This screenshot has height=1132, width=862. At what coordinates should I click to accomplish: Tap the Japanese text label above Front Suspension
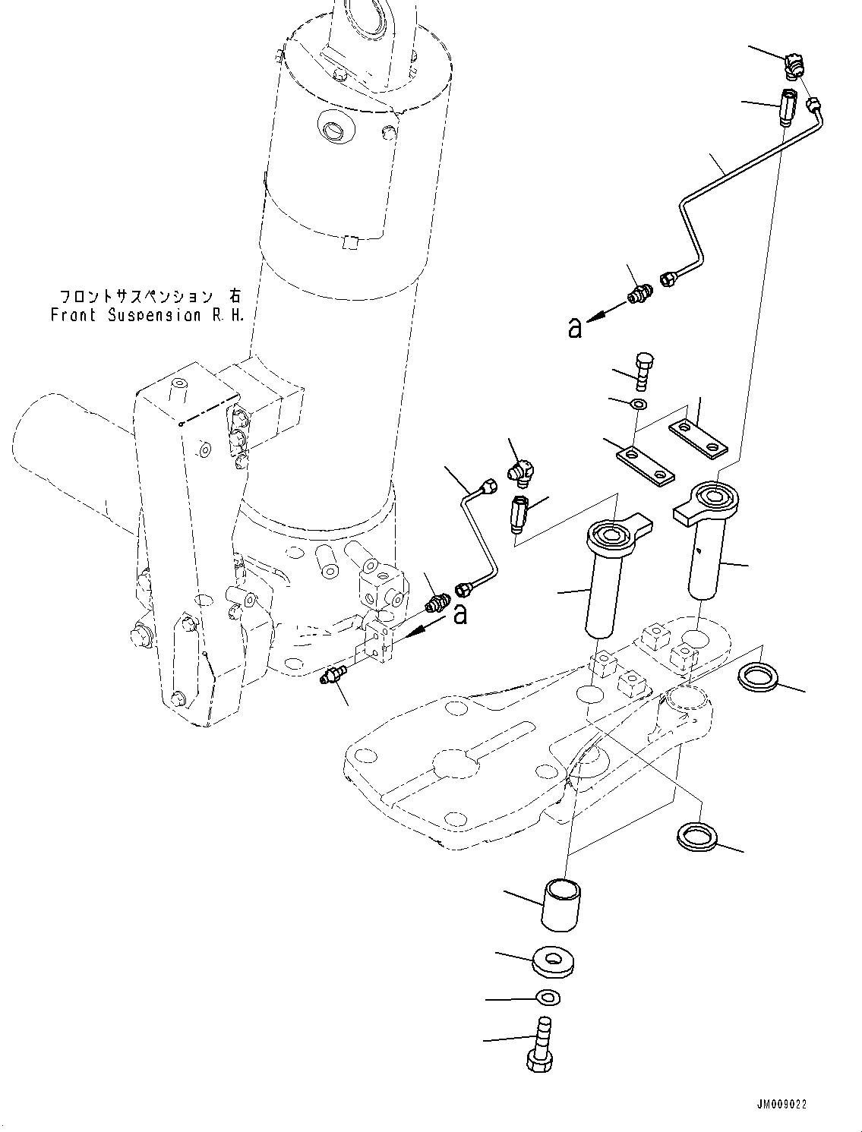click(x=150, y=297)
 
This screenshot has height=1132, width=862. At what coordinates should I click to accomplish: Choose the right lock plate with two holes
click(x=698, y=440)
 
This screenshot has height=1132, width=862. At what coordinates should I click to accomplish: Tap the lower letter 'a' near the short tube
click(x=460, y=614)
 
